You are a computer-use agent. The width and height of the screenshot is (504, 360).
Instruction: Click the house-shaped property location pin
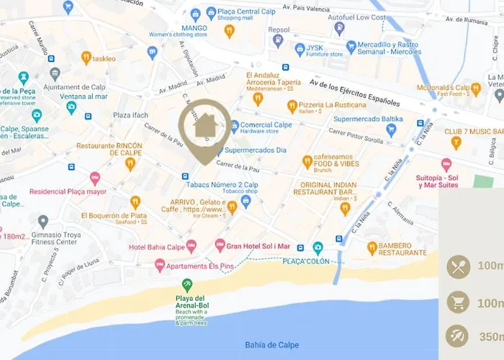pos(205,127)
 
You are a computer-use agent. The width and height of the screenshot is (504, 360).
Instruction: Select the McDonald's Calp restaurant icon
pos(476,89)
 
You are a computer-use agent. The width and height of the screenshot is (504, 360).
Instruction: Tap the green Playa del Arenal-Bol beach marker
pos(187,284)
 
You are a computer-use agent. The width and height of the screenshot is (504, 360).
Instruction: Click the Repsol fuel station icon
pos(278,42)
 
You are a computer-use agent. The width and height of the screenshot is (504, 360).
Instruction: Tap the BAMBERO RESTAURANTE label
pos(402,248)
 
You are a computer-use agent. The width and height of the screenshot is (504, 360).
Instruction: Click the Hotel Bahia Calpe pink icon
pos(191,246)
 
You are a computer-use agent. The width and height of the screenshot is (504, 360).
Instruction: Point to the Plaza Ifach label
pos(132,115)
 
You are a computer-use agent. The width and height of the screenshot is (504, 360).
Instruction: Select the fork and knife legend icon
pos(458,266)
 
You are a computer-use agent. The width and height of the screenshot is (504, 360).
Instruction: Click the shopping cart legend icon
pos(458,302)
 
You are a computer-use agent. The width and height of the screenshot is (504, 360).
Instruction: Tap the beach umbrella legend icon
pos(458,336)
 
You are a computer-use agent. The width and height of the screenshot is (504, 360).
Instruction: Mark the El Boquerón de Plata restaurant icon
pos(135,203)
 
